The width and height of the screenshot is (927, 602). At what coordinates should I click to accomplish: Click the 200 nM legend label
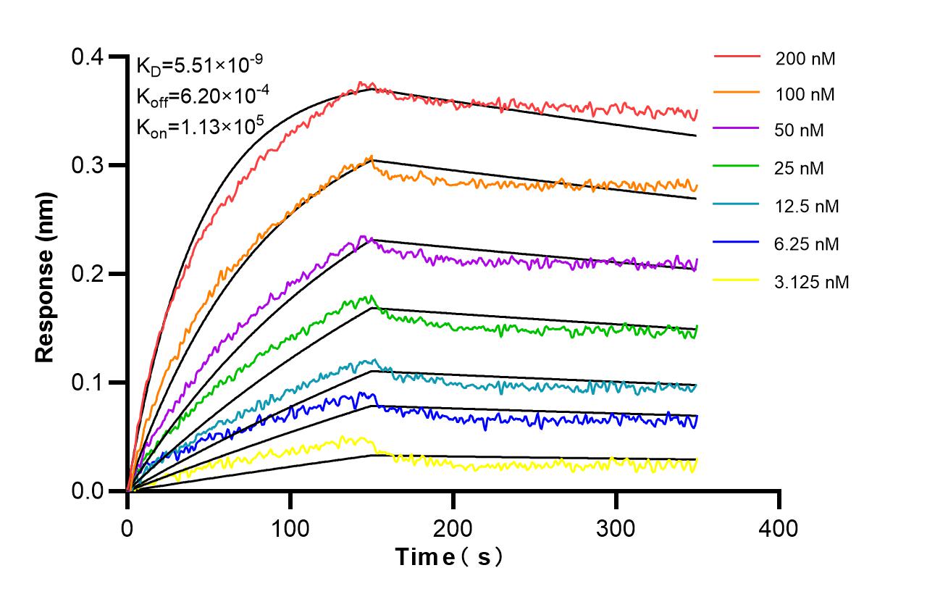(805, 59)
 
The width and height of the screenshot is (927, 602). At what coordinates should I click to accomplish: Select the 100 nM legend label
(805, 94)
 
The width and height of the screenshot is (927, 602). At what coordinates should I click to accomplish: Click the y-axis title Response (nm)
(45, 277)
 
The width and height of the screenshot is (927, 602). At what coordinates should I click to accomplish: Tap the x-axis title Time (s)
(449, 557)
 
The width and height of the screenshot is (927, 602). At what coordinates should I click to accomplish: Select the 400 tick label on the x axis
(779, 528)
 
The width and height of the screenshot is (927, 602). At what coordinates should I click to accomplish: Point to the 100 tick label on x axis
(290, 528)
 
